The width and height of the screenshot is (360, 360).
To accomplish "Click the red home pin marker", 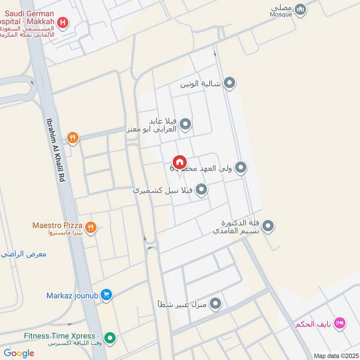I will coord(179,162).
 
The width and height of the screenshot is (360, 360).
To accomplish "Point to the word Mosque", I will coord(281,14).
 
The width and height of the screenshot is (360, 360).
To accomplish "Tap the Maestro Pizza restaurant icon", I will coord(91,228).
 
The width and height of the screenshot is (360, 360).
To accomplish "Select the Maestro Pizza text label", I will coord(57,225).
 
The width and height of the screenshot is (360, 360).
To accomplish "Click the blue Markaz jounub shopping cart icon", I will coord(106,295).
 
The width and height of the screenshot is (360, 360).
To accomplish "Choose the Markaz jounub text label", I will coord(73,296).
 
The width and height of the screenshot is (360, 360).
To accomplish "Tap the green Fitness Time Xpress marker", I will coord(109,337).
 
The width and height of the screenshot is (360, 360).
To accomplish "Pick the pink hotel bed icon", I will coord(341,323).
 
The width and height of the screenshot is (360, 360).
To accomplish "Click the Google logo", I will coord(19,353).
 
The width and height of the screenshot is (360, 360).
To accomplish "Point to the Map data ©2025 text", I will coord(335,355).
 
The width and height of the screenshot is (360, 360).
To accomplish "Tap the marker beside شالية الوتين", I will coord(230,83).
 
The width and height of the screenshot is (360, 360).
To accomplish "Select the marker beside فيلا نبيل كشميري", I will coord(201,190).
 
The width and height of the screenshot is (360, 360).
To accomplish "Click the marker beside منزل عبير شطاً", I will coord(216,304).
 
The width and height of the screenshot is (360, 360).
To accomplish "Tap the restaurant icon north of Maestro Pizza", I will coord(72,138).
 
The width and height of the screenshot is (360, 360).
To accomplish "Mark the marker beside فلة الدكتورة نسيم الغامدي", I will coord(268,226).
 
